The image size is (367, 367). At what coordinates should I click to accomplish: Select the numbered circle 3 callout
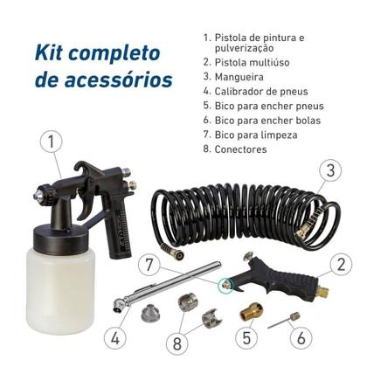pos(329,171)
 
